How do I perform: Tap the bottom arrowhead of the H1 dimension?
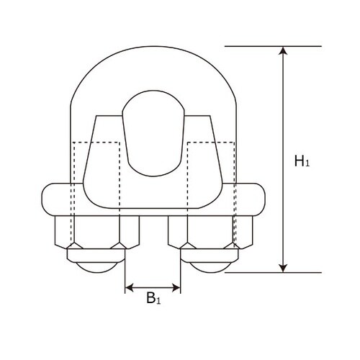click(x=282, y=267)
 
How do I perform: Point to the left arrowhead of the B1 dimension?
click(x=130, y=288)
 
